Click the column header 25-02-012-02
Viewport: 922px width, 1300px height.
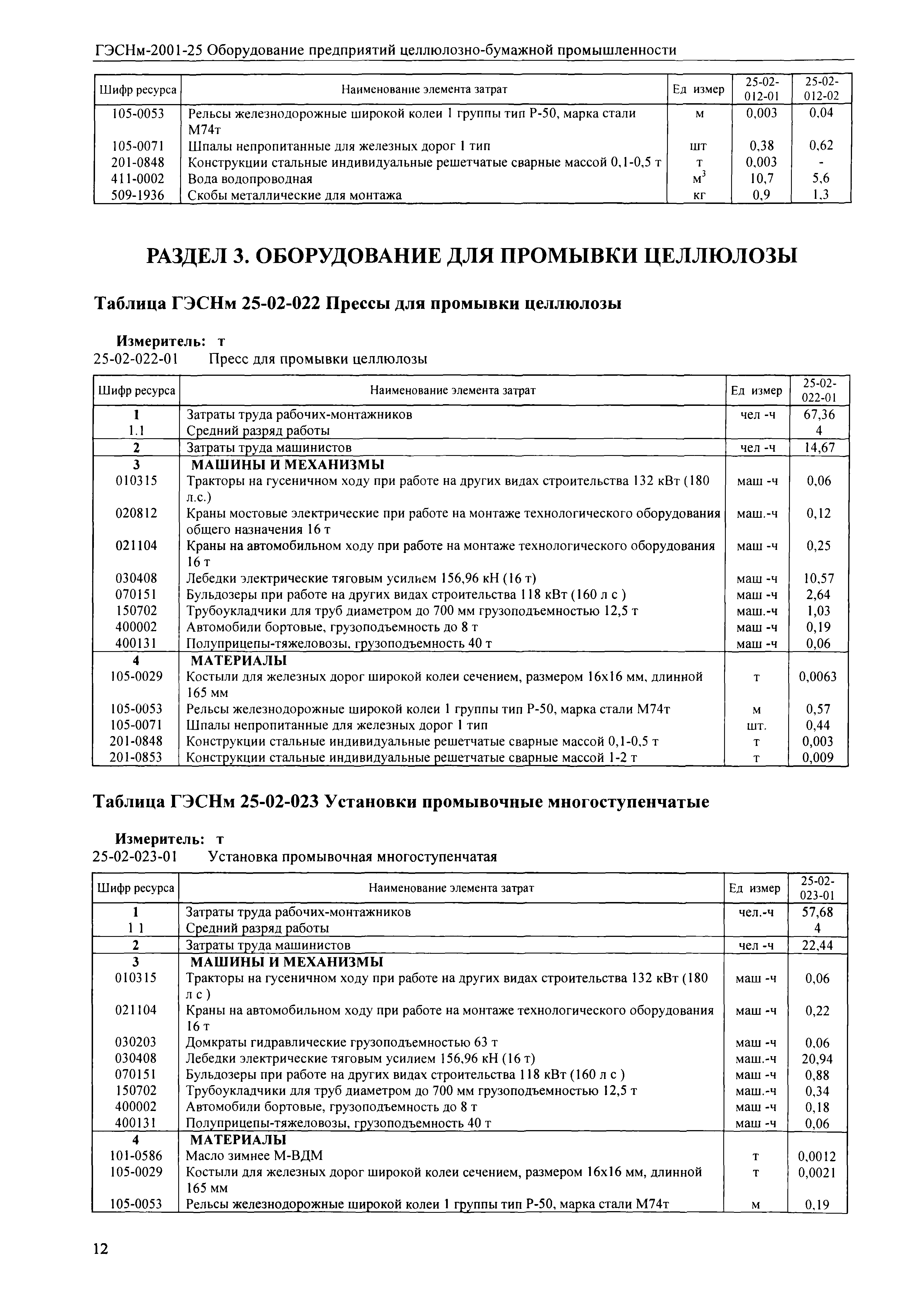point(822,89)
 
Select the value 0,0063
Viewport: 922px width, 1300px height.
point(817,676)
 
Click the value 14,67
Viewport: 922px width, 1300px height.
point(819,447)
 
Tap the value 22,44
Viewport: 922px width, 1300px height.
point(817,945)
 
